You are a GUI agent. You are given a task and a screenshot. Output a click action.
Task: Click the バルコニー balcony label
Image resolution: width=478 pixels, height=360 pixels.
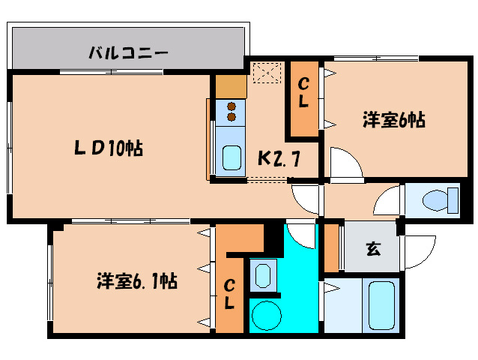[128, 53]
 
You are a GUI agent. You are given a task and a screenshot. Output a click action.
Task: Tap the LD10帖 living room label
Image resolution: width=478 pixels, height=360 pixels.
[108, 147]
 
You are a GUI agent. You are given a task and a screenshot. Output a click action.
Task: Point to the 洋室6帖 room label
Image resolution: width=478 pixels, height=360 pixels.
[394, 120]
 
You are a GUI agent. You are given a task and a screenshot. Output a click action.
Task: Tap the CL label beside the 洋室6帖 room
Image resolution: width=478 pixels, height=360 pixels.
[303, 96]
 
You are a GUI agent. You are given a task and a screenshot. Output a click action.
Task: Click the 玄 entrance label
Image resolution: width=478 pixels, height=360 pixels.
[372, 248]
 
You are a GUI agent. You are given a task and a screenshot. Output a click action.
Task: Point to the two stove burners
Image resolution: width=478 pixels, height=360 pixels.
[232, 111]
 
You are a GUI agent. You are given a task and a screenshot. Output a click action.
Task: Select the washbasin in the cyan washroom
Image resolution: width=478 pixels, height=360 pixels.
[262, 274]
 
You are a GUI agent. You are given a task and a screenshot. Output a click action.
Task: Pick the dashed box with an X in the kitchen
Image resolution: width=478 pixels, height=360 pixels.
[266, 73]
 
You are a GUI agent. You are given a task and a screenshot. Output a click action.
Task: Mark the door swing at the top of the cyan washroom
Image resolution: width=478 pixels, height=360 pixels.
[301, 233]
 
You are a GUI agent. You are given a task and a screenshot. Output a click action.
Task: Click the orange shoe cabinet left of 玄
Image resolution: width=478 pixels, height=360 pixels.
[331, 248]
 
